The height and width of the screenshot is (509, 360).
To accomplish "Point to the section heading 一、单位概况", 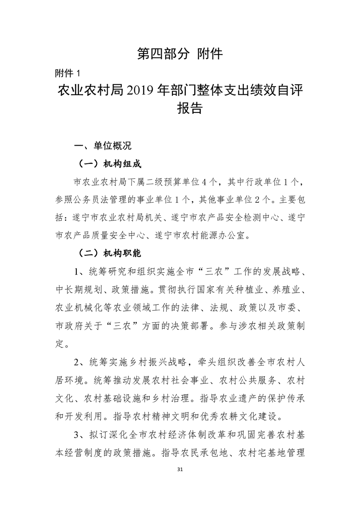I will (x=103, y=146).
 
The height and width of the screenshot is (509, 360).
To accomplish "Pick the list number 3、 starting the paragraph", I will (x=80, y=429).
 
